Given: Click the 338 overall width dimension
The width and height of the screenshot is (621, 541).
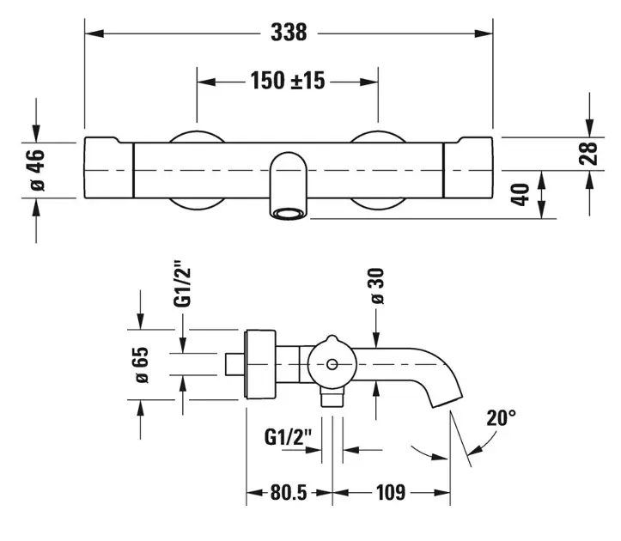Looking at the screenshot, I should click(x=289, y=33).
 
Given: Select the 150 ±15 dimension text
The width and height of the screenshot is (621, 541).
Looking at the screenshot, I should click(x=288, y=82).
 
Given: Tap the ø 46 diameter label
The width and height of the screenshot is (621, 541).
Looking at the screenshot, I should click(x=35, y=169).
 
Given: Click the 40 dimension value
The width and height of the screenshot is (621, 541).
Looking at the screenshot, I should click(x=518, y=194).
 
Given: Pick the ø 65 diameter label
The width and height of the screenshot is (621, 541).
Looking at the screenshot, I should click(x=141, y=366).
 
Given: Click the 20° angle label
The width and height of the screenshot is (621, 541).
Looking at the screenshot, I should click(x=501, y=419).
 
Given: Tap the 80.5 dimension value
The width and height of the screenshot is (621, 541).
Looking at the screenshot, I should click(x=289, y=494).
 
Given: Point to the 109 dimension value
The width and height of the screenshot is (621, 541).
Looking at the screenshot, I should click(x=390, y=494).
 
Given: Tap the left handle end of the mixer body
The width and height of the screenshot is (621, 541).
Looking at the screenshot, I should click(x=109, y=169).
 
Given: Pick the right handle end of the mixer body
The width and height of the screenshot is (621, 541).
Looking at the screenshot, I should click(x=468, y=169).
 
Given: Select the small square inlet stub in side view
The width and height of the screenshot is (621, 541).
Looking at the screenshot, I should click(x=234, y=364).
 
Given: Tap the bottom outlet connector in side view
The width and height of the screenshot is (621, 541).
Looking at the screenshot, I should click(x=331, y=398).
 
